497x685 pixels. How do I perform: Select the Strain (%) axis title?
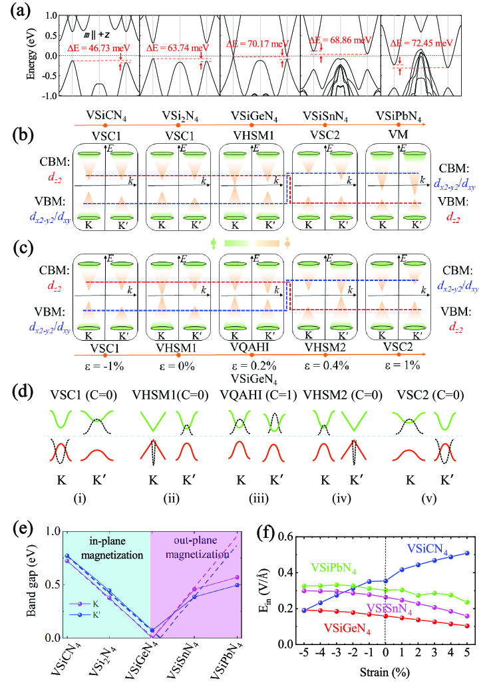point(386,670)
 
